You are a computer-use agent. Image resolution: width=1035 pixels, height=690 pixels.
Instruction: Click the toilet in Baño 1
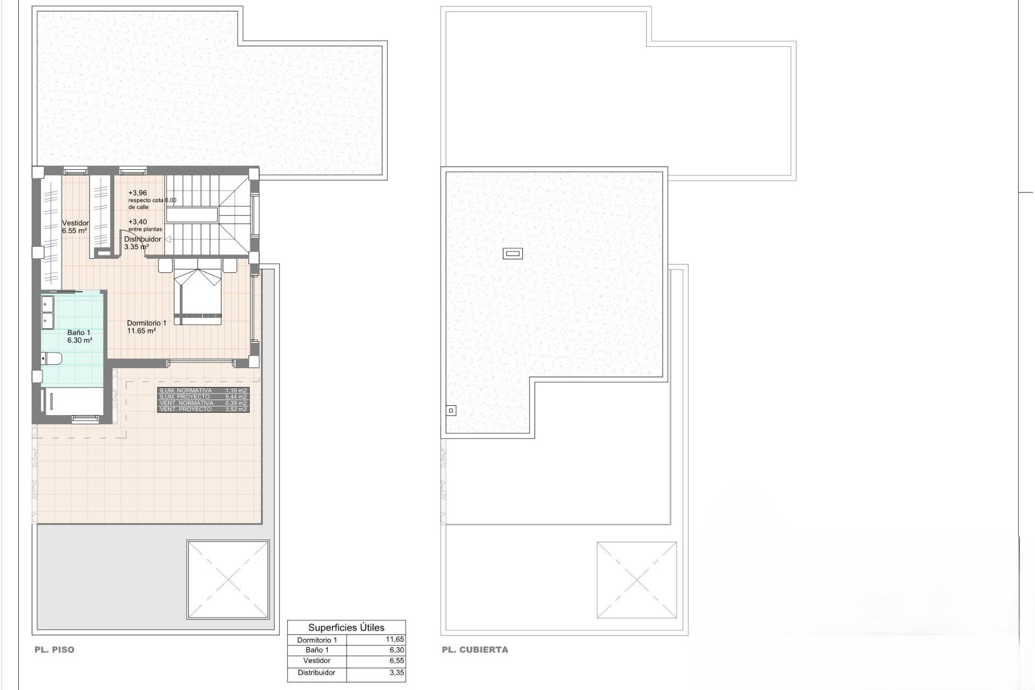click(x=52, y=358)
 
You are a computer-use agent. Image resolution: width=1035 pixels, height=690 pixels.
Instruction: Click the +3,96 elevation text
click(x=137, y=193)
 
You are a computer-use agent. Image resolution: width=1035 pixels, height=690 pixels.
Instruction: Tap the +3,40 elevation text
click(x=137, y=222)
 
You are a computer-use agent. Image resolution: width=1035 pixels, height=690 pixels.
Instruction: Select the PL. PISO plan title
click(x=54, y=650)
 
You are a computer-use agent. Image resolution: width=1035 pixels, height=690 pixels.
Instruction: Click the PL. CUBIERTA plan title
click(x=475, y=650)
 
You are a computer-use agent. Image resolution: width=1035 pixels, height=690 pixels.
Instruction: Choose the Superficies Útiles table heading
click(x=346, y=627)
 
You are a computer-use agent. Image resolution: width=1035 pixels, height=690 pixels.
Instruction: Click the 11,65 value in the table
click(x=395, y=639)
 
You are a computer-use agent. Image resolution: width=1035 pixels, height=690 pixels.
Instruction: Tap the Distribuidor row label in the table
click(x=316, y=672)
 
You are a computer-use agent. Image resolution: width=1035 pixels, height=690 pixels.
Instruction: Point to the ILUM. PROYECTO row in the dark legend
click(x=203, y=397)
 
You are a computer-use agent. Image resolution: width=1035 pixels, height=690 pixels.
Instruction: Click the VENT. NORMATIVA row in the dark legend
click(x=203, y=403)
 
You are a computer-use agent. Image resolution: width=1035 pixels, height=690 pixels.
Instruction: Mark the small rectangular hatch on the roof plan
click(x=513, y=253)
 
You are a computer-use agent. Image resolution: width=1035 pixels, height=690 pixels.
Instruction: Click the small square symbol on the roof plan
click(x=451, y=411)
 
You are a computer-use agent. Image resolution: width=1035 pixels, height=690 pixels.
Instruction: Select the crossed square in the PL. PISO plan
click(x=227, y=579)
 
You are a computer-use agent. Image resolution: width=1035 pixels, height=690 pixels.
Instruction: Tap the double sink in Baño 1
click(x=47, y=312)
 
